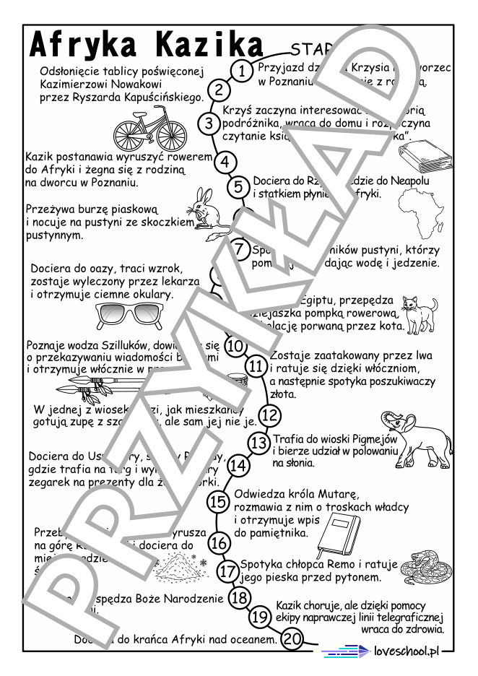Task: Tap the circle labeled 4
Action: tap(225, 162)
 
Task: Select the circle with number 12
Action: tap(269, 415)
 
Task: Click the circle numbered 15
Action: tap(218, 501)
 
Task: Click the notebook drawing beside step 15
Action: tap(341, 535)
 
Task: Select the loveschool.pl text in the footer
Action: tap(407, 651)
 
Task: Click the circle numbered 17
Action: tap(228, 571)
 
